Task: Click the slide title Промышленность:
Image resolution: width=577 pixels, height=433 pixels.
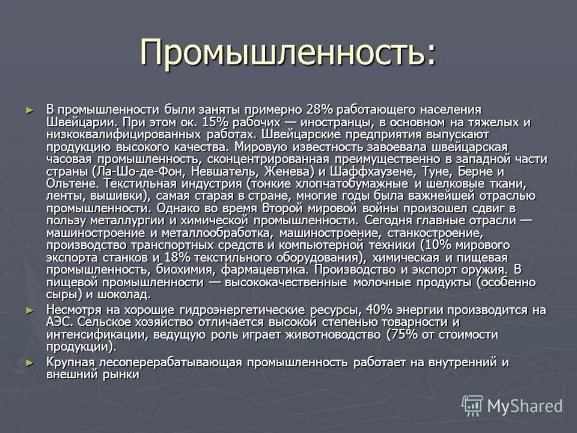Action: click(287, 53)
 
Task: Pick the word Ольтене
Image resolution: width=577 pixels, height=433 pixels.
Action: click(72, 183)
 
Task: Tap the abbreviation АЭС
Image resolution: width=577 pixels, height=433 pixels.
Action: click(60, 322)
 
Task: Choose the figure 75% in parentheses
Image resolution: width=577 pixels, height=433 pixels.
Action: click(401, 334)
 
